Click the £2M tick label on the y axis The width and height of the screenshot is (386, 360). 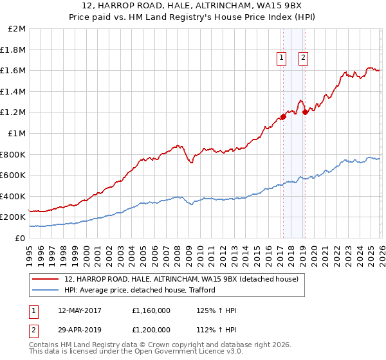coord(17,29)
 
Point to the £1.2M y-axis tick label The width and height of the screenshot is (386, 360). coord(14,113)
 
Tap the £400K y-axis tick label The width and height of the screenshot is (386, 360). coord(14,196)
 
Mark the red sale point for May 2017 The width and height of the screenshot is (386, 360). coord(282,117)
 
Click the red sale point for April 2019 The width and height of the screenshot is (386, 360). coord(305,113)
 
